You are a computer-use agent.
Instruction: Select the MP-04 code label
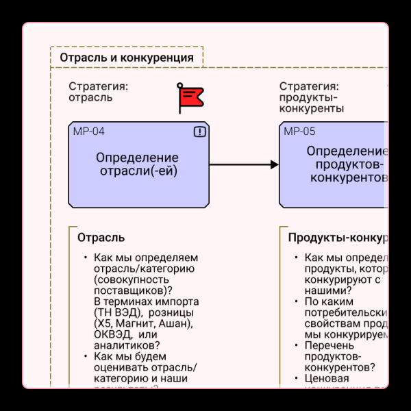89,132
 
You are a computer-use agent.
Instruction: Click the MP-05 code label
299,132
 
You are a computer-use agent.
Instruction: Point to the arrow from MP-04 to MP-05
244,164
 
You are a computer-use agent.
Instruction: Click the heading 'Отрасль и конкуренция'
127,58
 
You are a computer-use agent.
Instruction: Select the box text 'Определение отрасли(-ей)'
138,164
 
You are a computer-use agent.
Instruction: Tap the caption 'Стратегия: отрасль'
98,92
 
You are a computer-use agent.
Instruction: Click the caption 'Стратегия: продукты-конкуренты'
312,97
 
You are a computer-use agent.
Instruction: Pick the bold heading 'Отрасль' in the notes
101,238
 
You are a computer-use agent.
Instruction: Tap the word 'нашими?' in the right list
325,290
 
